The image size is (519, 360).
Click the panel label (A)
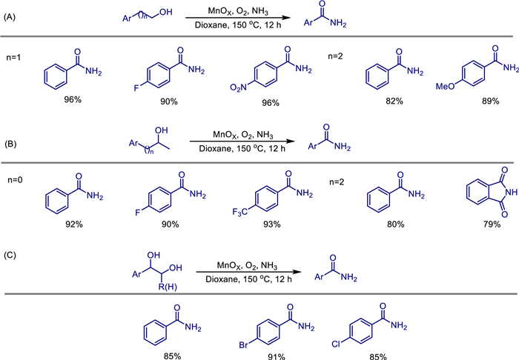click(x=9, y=17)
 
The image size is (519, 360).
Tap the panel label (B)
click(x=10, y=144)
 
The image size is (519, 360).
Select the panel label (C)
click(x=10, y=256)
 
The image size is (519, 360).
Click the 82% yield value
click(x=394, y=101)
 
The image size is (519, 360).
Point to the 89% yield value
click(x=490, y=101)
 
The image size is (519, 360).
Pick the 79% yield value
click(x=492, y=224)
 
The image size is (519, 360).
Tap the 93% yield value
click(x=272, y=224)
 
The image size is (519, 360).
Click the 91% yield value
click(x=277, y=356)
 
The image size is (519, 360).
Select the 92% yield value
click(x=74, y=224)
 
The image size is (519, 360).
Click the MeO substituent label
click(x=445, y=87)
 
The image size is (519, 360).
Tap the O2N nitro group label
click(x=238, y=88)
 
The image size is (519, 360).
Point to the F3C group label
click(x=240, y=212)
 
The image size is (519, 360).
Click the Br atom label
click(x=244, y=345)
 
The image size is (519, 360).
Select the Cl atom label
click(x=336, y=344)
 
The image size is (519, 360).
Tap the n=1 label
click(x=13, y=58)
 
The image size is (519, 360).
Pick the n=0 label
click(x=15, y=180)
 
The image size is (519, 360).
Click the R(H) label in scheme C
click(x=168, y=287)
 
